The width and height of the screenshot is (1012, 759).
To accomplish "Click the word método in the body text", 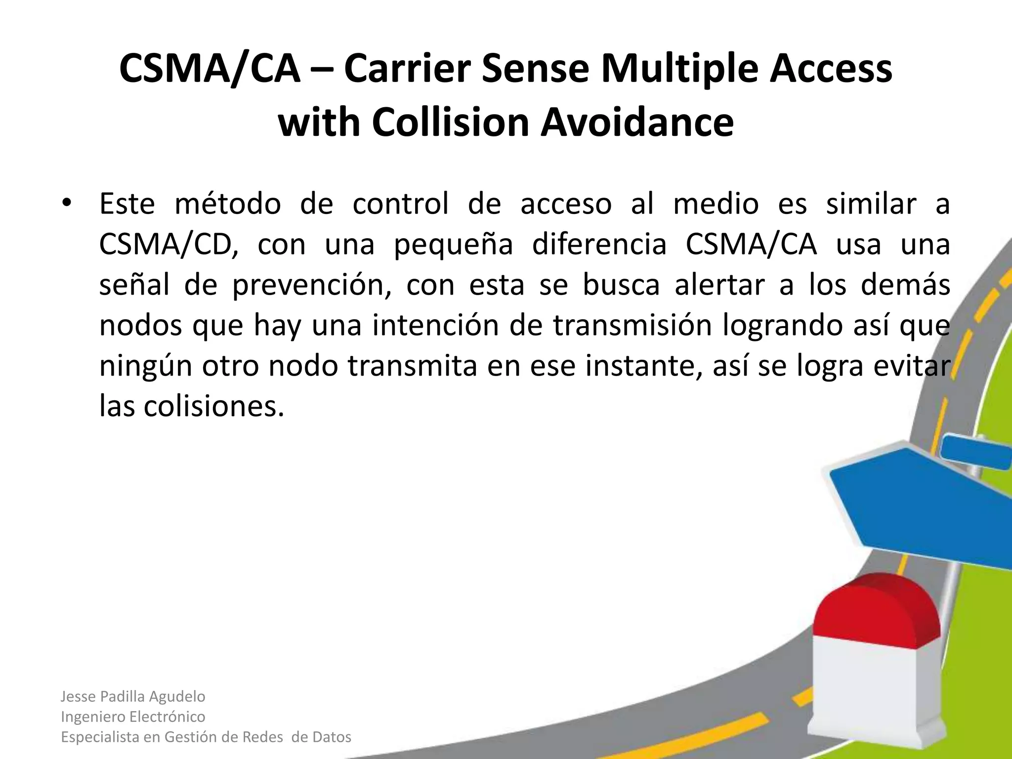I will coord(228,204).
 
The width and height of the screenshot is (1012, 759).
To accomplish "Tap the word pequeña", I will coord(453,244).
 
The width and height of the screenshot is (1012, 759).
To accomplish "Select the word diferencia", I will coord(599,244).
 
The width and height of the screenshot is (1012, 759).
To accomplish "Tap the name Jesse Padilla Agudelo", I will coord(133,697).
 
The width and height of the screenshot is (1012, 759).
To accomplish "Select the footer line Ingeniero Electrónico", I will coord(133,717).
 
